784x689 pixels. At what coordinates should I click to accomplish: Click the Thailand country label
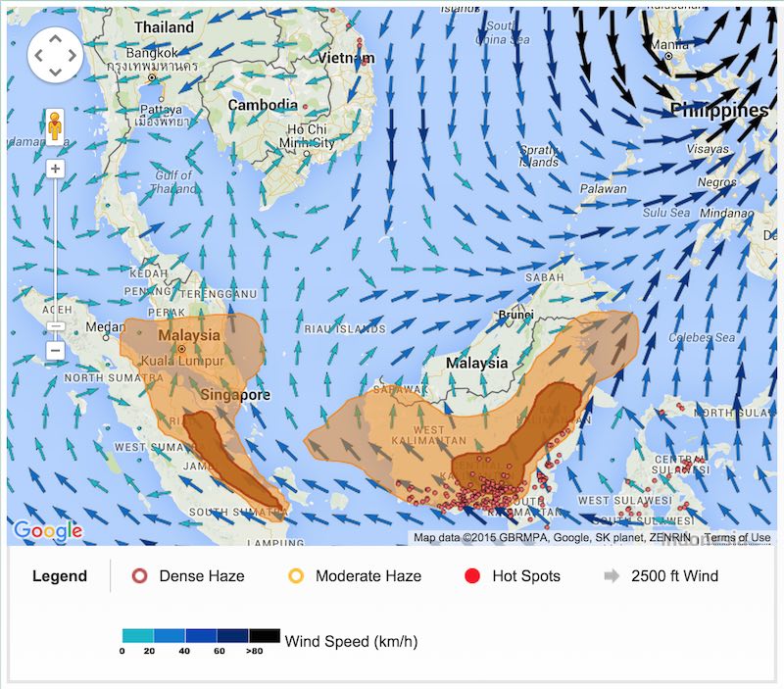(x=165, y=27)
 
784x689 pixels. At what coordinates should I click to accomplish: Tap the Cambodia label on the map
(x=262, y=105)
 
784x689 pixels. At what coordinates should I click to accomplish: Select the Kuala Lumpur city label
(x=182, y=361)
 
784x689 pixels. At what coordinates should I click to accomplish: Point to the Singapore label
(x=235, y=394)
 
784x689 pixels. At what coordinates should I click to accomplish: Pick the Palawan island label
(x=603, y=188)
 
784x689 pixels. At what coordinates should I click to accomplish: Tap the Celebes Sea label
(x=703, y=337)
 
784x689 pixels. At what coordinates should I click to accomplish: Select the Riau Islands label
(x=341, y=328)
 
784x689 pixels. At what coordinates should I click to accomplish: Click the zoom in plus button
(x=55, y=169)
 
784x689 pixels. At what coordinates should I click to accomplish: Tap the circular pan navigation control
(x=55, y=54)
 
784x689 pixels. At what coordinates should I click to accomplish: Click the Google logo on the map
(x=47, y=531)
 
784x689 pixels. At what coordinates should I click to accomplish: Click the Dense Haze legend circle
(x=139, y=576)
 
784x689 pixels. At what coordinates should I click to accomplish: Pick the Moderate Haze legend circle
(x=295, y=576)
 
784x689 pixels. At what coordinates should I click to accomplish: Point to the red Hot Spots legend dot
(x=472, y=576)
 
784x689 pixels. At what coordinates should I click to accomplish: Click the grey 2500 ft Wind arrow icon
(x=612, y=576)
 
